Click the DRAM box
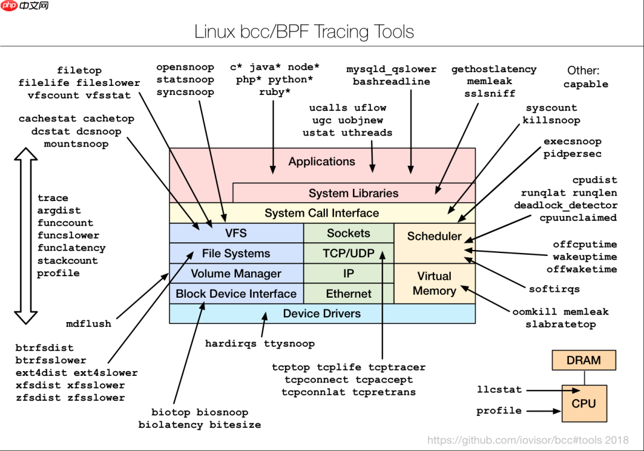[x=583, y=360]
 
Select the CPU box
[x=583, y=403]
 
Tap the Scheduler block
[x=434, y=236]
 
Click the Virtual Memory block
[x=434, y=283]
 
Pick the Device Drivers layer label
[x=322, y=313]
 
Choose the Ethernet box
[x=349, y=294]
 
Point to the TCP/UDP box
[x=349, y=253]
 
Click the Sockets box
[x=349, y=233]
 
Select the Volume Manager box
[x=236, y=273]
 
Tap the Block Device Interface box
[x=236, y=294]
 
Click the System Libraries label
[x=354, y=193]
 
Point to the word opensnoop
[x=185, y=67]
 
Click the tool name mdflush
[x=88, y=323]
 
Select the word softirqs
[x=554, y=289]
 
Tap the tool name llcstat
[x=499, y=390]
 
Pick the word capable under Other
[x=586, y=84]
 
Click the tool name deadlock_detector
[x=565, y=205]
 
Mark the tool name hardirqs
[x=231, y=343]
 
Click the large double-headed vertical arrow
[x=26, y=236]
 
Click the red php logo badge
[x=9, y=6]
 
